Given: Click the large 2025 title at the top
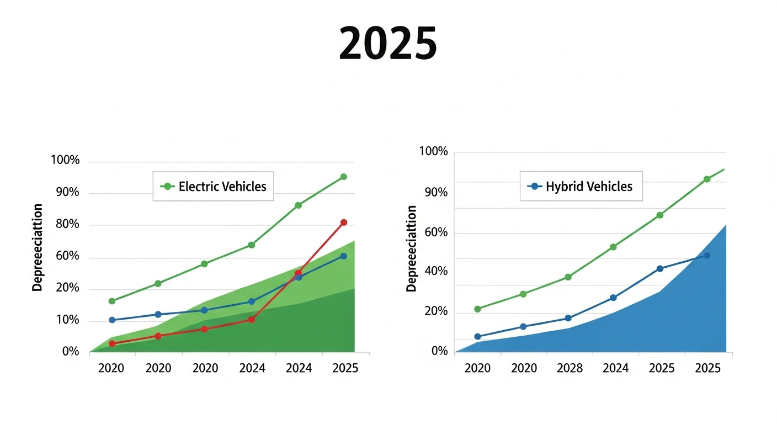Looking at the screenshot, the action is click(388, 44).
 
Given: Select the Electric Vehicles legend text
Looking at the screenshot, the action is click(222, 187).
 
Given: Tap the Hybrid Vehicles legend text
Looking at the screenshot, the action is click(589, 187).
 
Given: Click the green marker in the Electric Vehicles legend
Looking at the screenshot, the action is click(168, 187).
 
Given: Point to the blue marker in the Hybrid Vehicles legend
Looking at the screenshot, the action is click(535, 187).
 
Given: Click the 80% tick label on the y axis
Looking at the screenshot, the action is click(67, 224).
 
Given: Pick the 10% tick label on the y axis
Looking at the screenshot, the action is click(68, 320).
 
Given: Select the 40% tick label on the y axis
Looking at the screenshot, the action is click(436, 271).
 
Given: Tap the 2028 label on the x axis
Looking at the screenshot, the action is click(570, 368).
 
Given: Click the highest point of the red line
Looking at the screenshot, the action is click(344, 222).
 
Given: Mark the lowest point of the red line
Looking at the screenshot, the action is click(112, 343).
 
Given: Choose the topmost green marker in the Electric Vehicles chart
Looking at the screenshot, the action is click(344, 177).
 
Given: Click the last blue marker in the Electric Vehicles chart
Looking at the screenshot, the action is click(344, 256).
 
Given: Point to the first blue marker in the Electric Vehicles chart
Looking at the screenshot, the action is click(112, 320).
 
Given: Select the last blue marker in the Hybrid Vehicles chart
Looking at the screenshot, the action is click(707, 256).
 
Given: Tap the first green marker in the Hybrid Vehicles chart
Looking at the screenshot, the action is click(478, 309).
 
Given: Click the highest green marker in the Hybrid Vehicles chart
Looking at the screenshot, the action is click(707, 179).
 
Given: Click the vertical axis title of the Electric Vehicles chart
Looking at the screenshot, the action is click(37, 247).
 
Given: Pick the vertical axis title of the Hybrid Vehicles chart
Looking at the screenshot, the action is click(411, 248).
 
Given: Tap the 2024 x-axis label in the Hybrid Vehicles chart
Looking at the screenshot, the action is click(616, 368).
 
